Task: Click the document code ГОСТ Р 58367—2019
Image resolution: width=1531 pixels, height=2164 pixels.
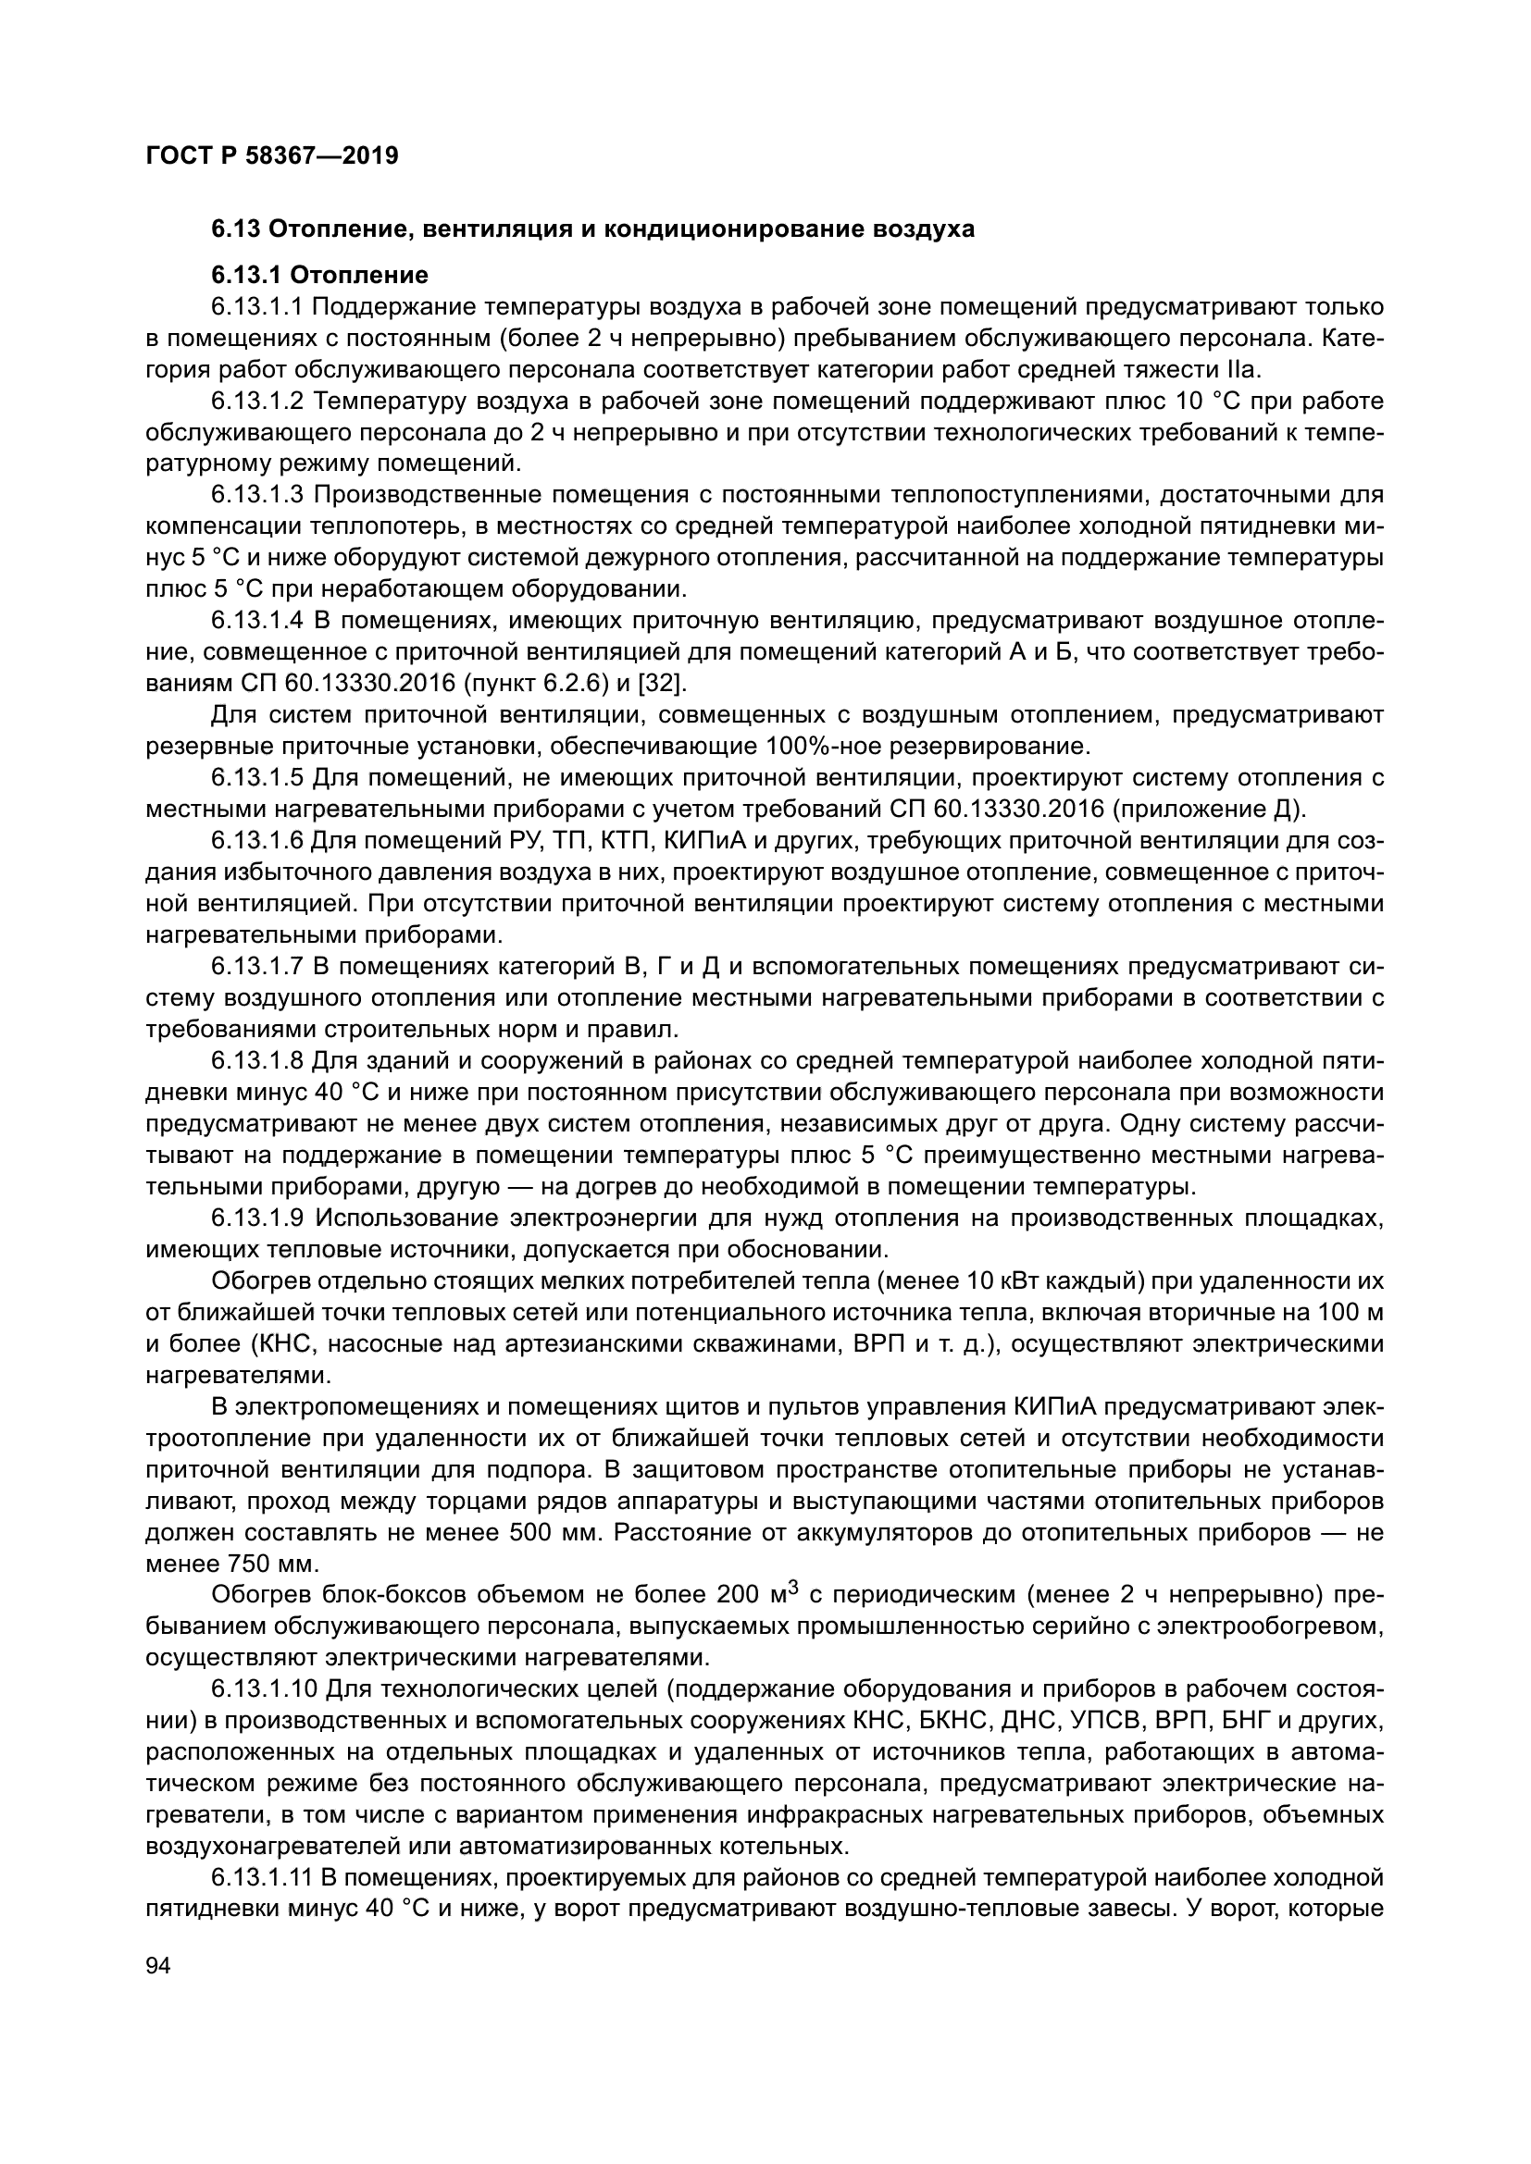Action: point(272,155)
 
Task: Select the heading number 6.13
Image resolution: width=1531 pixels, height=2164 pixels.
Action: point(237,229)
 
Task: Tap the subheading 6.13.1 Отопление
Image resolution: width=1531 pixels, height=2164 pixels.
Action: point(318,275)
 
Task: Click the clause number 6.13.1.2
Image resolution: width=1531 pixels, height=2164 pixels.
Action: point(257,402)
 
